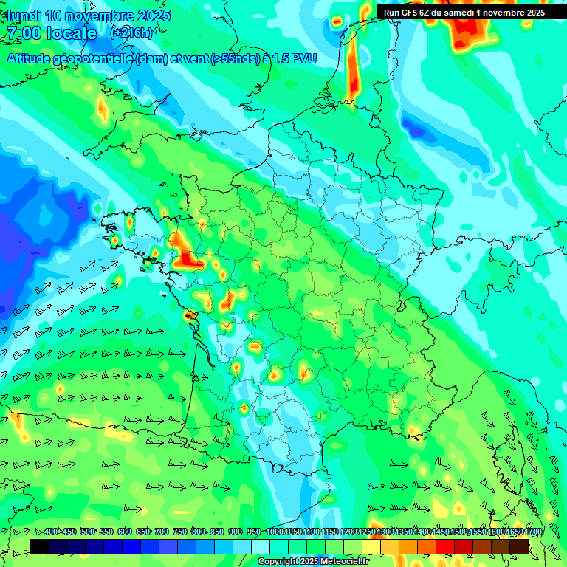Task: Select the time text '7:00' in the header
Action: [x=22, y=33]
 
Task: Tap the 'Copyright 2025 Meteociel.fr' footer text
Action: [x=313, y=562]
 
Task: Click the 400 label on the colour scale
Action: [x=51, y=532]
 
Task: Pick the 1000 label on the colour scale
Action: [x=274, y=532]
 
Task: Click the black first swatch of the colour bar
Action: [x=39, y=546]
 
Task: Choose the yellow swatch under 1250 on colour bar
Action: [x=371, y=546]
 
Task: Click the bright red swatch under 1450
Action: [x=445, y=546]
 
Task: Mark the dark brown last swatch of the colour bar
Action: [x=519, y=546]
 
